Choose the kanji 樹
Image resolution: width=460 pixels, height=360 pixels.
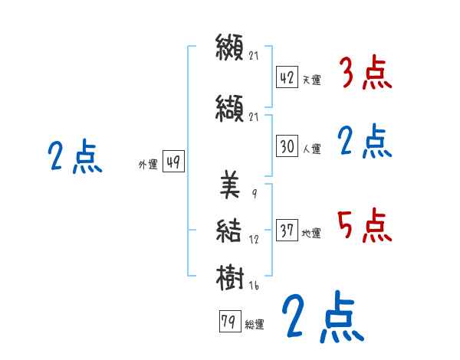click(230, 275)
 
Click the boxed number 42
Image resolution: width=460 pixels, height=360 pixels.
click(287, 78)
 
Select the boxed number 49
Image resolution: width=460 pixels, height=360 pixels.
click(172, 162)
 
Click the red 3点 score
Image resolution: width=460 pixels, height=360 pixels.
click(365, 74)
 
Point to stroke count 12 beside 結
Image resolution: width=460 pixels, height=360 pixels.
click(254, 240)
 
